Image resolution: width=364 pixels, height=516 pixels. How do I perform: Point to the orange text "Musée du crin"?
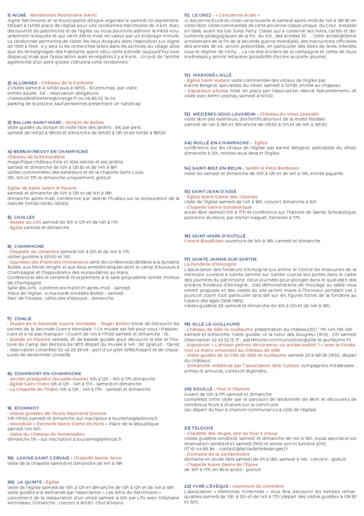coord(25,222)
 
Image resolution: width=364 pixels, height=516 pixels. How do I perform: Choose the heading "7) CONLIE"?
coord(18,318)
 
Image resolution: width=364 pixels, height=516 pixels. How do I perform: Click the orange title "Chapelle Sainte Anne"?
coord(97,458)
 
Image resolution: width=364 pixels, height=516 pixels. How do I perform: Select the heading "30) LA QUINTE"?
coord(25,482)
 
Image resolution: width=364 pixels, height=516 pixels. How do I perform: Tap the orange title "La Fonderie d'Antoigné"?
coord(210,264)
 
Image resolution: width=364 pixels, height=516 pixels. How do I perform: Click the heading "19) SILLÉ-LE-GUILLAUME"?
coord(212,324)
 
